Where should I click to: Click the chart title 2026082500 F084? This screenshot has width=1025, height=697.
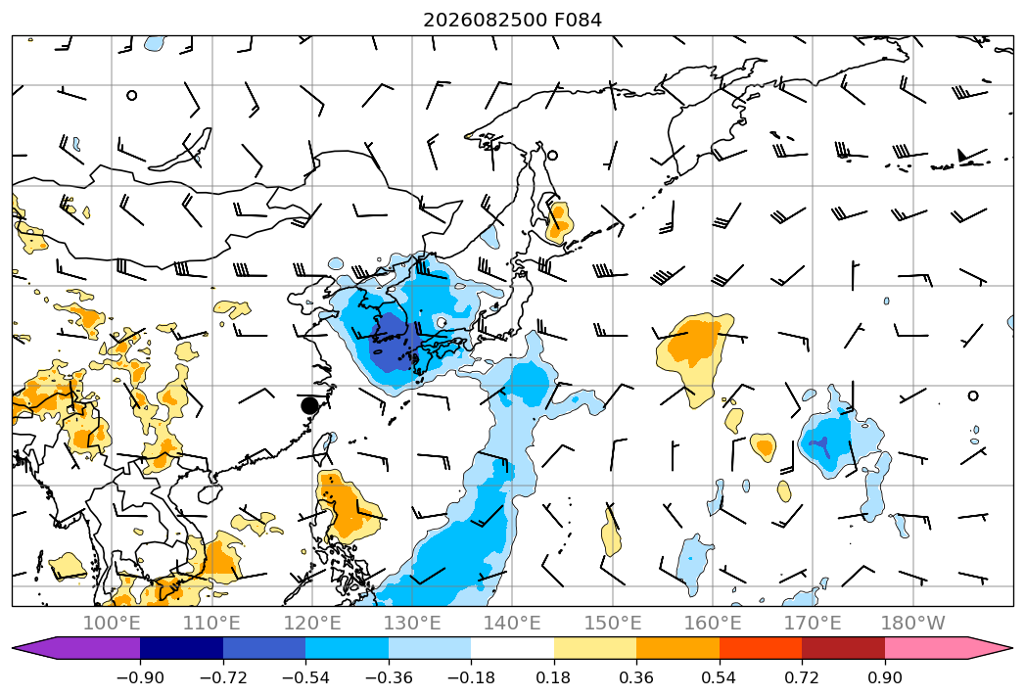coord(513,20)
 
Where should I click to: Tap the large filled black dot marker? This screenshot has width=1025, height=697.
coord(310,405)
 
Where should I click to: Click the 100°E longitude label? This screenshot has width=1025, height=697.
coord(112,623)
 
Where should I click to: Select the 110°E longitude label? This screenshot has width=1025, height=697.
coord(211,623)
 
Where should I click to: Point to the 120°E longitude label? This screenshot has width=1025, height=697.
coord(312,623)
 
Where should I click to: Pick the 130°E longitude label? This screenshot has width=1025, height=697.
coord(412,623)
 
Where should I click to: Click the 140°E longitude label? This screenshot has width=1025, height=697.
coord(512,623)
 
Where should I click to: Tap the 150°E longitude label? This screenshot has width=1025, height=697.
coord(613,623)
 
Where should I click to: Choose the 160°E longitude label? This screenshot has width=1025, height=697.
coord(713,623)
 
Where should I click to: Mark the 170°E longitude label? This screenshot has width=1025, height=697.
coord(813,623)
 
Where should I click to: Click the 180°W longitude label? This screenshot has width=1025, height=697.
coord(913,623)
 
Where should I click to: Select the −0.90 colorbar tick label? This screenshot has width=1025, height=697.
coord(140,677)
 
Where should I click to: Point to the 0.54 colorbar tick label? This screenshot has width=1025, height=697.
coord(720,677)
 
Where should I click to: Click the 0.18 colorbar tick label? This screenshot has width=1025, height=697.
coord(554,677)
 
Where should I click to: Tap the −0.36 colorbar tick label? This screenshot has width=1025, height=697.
coord(389,677)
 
